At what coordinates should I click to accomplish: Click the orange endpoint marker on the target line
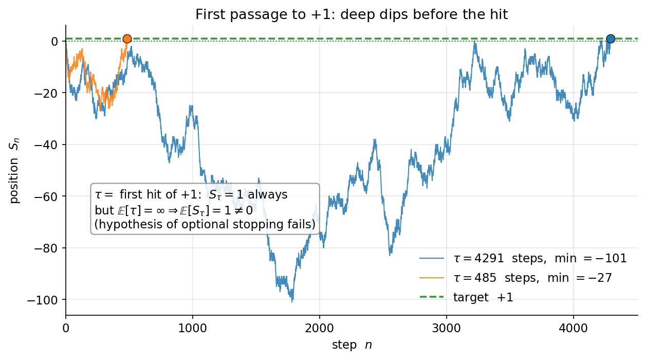(x=127, y=39)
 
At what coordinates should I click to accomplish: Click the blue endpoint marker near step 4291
(x=611, y=39)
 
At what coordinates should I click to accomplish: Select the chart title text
(x=352, y=14)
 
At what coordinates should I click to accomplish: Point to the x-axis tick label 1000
(x=192, y=329)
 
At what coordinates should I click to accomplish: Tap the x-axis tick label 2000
(x=320, y=329)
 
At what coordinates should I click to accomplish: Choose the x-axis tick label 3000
(x=447, y=329)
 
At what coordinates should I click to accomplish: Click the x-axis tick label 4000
(x=573, y=329)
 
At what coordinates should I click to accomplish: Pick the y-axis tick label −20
(x=46, y=93)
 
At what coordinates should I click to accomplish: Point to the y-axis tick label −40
(x=46, y=145)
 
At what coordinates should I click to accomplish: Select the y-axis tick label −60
(x=46, y=196)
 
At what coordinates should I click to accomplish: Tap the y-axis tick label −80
(x=46, y=248)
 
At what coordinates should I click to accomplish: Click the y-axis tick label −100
(x=43, y=300)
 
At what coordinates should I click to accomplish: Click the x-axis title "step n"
(x=352, y=345)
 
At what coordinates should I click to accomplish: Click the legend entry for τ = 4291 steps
(x=523, y=258)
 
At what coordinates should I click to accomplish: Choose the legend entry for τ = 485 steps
(x=515, y=278)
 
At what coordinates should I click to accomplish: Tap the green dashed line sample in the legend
(x=432, y=297)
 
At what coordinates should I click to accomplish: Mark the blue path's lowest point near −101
(x=292, y=301)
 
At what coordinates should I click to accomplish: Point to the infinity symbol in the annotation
(x=160, y=210)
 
